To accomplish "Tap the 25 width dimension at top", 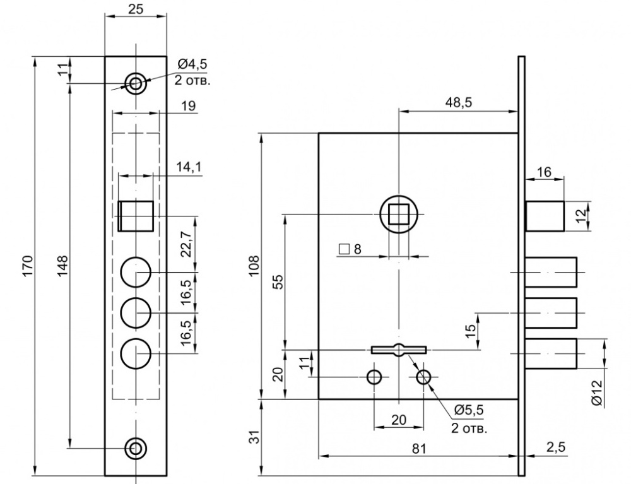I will point(136,9).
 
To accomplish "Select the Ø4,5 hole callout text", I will point(192,63).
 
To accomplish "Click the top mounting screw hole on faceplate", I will point(135,82).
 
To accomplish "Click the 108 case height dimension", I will point(253,266).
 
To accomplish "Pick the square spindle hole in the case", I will point(398,215).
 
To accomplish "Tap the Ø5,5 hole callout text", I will point(468,410).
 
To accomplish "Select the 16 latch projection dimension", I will point(544,172).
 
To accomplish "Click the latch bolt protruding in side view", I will point(545,216).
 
